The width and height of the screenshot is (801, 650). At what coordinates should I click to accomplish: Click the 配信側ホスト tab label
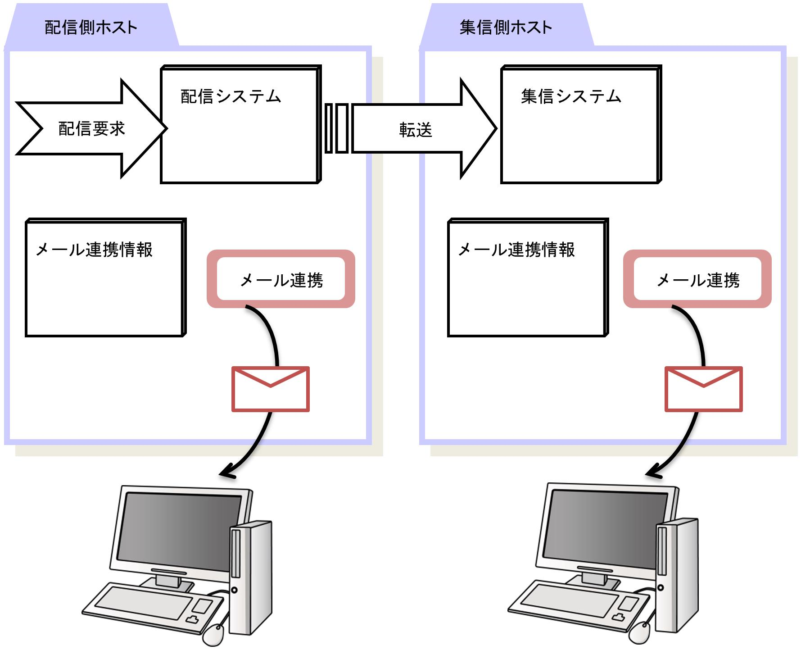tap(91, 27)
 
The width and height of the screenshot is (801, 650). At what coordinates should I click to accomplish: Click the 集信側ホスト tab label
tap(505, 27)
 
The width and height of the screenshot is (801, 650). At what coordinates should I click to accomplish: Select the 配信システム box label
tap(231, 96)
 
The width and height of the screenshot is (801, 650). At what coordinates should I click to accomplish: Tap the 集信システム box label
tap(571, 96)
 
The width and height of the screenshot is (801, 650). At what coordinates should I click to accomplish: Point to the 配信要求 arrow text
tap(91, 129)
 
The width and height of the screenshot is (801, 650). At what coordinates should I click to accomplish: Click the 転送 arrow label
tap(415, 130)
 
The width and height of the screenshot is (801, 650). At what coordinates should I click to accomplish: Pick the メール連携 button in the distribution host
tap(281, 279)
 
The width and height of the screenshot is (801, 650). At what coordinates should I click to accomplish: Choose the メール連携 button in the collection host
tap(697, 279)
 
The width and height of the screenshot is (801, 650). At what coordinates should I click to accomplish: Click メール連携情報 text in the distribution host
tap(94, 250)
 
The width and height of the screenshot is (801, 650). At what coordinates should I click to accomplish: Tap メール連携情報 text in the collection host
tap(516, 250)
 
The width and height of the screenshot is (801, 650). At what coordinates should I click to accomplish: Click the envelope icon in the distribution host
tap(270, 389)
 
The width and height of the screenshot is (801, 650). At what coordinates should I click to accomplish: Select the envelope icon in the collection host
tap(703, 389)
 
